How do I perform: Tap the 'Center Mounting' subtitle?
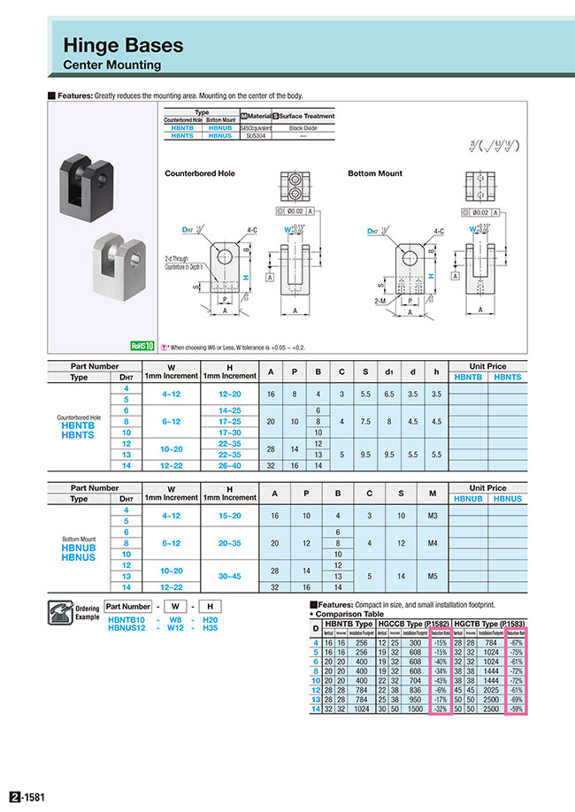tap(111, 65)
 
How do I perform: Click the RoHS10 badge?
tap(142, 346)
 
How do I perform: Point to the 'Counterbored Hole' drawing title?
tap(200, 173)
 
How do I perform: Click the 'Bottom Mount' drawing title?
tap(375, 173)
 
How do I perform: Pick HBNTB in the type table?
tap(184, 128)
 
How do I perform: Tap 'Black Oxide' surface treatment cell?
tap(303, 128)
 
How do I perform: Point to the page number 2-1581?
tap(27, 797)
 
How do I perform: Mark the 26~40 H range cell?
tap(229, 465)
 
